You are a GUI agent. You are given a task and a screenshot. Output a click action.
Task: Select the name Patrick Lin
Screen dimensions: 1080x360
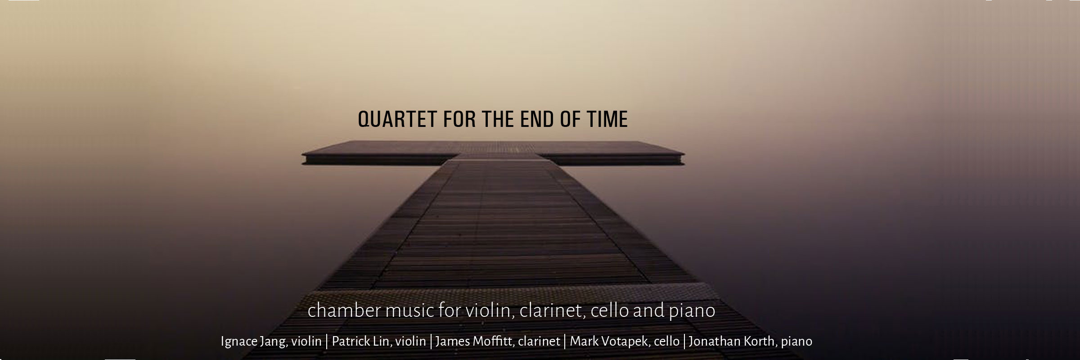point(360,341)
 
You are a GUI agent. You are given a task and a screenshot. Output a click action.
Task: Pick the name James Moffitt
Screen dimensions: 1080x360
point(474,341)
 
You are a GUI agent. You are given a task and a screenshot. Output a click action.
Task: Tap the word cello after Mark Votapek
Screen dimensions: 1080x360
point(666,342)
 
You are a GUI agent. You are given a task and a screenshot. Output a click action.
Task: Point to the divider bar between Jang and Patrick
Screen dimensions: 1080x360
point(327,342)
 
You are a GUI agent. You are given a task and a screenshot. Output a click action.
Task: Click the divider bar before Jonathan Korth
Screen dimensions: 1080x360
point(684,342)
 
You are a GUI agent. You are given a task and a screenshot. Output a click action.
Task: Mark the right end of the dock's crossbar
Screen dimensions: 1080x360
point(684,159)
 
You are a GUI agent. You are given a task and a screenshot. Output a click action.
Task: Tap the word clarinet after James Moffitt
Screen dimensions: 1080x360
point(539,342)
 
